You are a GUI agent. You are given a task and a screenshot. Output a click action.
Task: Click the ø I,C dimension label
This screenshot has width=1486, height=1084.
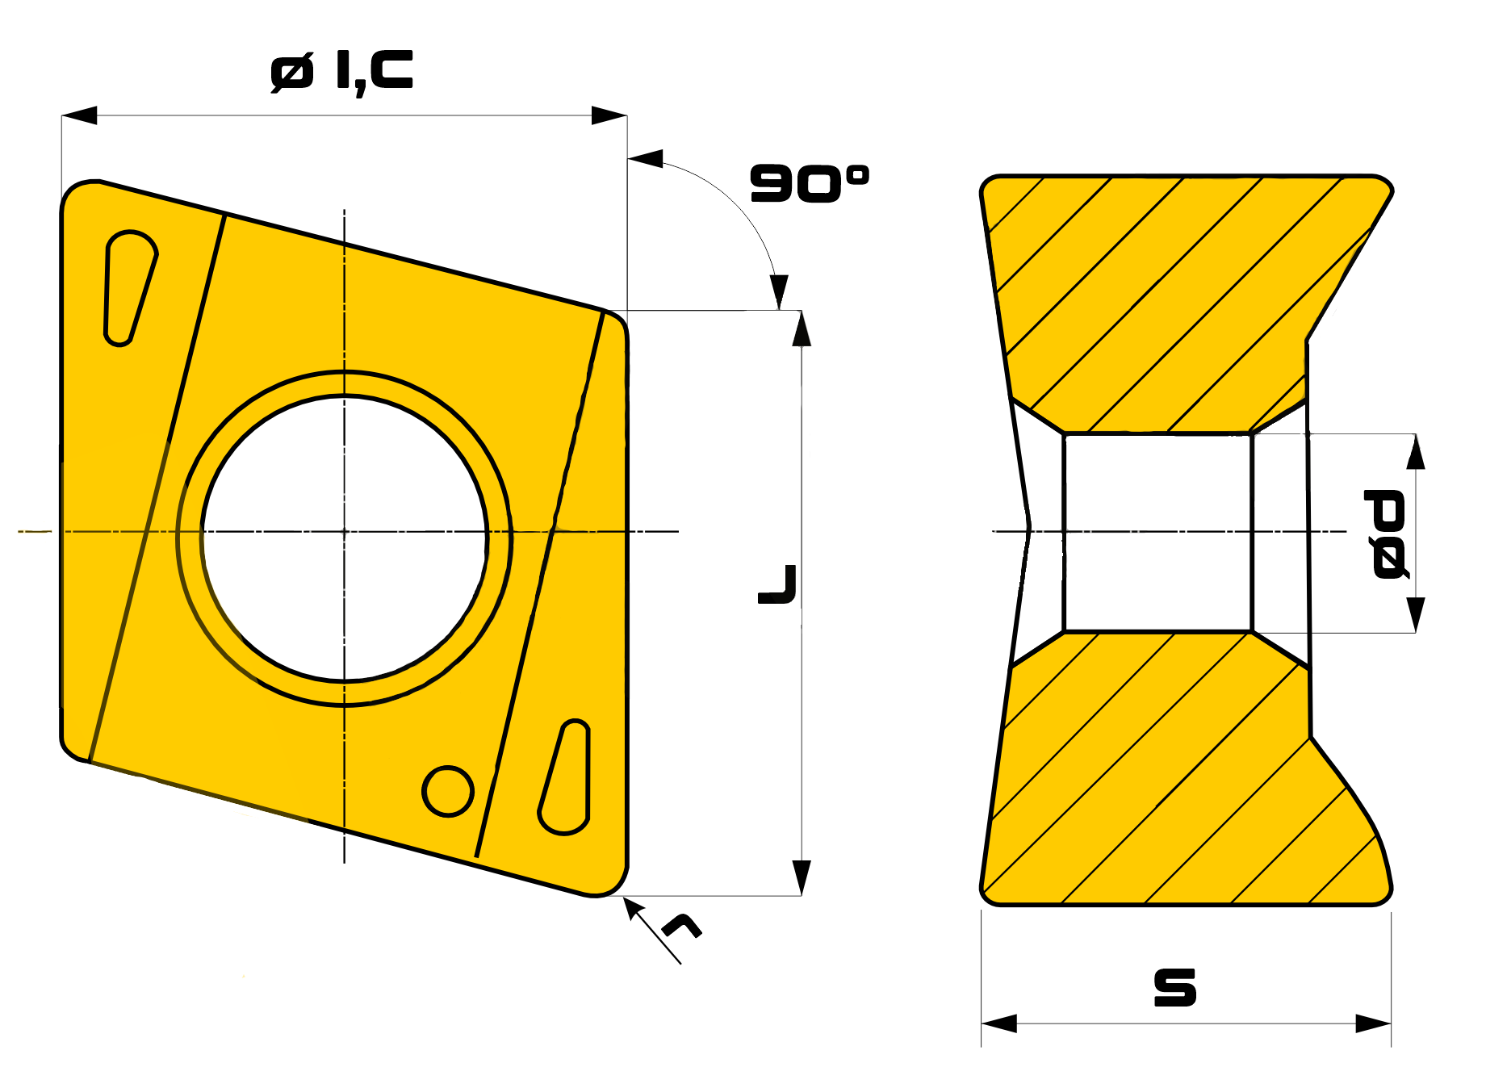[x=341, y=72]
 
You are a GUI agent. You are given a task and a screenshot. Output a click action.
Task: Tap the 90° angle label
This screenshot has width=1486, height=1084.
[x=810, y=183]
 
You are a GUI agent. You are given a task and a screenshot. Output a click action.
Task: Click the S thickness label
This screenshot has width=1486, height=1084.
[x=1175, y=987]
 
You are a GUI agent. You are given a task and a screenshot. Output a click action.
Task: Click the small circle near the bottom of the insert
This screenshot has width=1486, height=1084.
[x=448, y=791]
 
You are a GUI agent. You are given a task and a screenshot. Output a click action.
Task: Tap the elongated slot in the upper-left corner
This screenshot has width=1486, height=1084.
[x=129, y=287]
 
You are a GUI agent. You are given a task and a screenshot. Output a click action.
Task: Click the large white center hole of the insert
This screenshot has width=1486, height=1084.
[x=344, y=538]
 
